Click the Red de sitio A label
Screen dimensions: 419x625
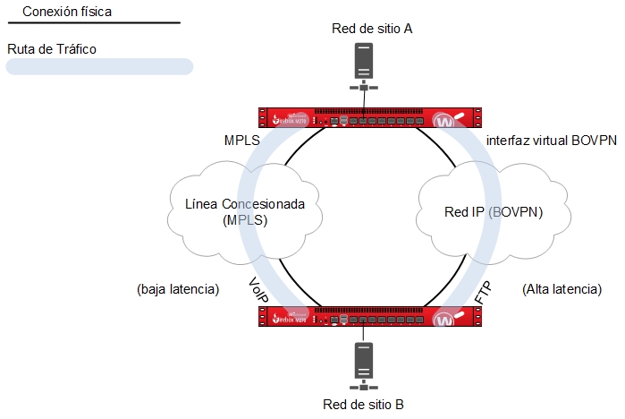coord(372,28)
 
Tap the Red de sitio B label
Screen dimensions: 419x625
coord(363,405)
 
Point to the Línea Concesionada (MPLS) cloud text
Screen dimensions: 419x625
coord(245,211)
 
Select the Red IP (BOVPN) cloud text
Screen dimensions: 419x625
coord(494,212)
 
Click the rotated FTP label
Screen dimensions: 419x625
coord(483,293)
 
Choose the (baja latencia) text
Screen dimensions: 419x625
coord(178,290)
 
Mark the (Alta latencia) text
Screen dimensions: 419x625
coord(561,290)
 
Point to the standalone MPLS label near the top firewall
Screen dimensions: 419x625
coord(242,141)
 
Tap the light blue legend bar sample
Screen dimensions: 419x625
coord(99,66)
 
